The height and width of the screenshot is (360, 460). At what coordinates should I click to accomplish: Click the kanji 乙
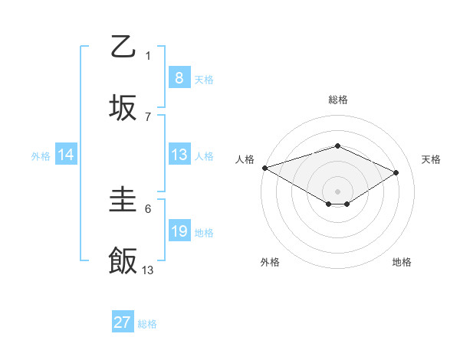[x=123, y=47]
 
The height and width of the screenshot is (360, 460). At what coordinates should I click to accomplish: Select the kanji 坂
[x=123, y=107]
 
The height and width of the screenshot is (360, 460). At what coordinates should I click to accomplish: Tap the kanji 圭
[x=123, y=201]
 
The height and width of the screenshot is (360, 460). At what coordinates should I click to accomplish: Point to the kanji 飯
[x=123, y=261]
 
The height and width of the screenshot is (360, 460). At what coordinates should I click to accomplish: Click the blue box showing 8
[x=179, y=78]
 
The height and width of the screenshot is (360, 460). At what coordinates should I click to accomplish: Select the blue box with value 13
[x=179, y=155]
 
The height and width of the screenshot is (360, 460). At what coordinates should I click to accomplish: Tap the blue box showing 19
[x=179, y=231]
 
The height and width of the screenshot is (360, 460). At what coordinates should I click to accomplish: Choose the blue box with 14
[x=66, y=155]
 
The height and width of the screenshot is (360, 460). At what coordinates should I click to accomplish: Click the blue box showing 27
[x=122, y=322]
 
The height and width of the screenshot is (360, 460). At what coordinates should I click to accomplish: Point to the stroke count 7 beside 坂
[x=148, y=116]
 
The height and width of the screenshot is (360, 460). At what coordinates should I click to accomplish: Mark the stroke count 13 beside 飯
[x=148, y=270]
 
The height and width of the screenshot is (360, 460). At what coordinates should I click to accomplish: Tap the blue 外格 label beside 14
[x=40, y=155]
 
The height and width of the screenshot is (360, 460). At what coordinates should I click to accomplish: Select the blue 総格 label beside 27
[x=147, y=323]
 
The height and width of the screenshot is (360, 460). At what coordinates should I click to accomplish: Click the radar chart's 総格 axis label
[x=337, y=100]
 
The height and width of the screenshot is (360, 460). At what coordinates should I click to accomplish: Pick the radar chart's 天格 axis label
[x=431, y=159]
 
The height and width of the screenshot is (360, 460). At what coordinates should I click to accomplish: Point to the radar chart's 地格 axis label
[x=402, y=262]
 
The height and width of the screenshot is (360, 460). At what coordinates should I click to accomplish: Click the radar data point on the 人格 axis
[x=264, y=167]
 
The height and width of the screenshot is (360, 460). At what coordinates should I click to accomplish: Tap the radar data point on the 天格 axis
[x=396, y=172]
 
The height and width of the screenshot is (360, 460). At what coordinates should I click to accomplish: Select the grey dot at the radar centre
[x=337, y=191]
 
